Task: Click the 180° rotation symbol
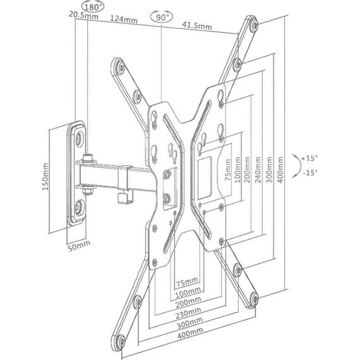93,7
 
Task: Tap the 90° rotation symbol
162,17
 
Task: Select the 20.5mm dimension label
83,15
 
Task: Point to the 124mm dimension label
124,20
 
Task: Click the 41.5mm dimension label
197,25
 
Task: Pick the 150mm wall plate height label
45,177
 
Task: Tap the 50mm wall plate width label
79,246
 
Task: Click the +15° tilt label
309,158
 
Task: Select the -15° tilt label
310,172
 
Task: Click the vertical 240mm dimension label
258,170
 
